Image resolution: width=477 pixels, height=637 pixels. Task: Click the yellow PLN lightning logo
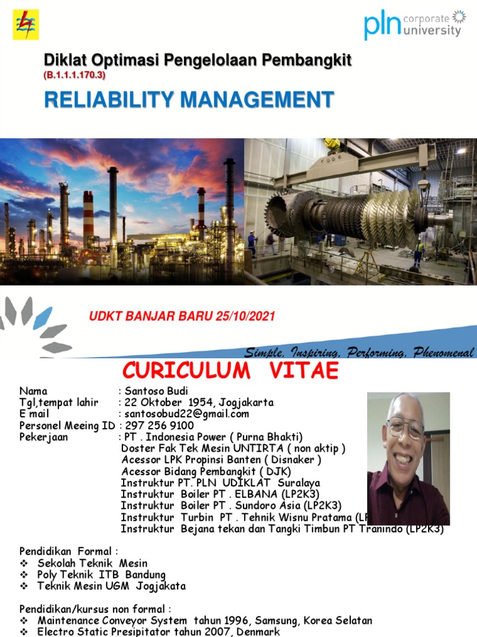click(x=25, y=24)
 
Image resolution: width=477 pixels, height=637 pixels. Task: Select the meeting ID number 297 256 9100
click(x=159, y=425)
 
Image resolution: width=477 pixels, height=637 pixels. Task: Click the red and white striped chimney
click(x=88, y=215)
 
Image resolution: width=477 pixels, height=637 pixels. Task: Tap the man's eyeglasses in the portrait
click(x=405, y=427)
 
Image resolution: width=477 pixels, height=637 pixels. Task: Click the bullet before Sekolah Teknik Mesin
click(x=24, y=564)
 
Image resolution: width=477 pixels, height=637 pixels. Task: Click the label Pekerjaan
click(x=44, y=437)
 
